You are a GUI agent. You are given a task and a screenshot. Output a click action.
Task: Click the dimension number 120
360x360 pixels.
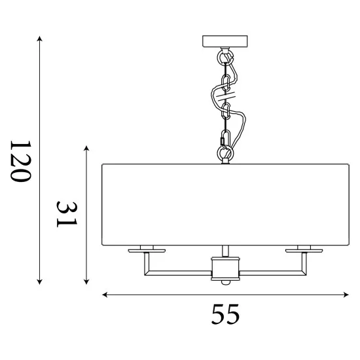(20, 161)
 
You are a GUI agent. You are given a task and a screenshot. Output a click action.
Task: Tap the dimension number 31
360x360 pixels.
(67, 214)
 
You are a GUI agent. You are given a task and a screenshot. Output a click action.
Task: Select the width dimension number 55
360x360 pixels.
(225, 314)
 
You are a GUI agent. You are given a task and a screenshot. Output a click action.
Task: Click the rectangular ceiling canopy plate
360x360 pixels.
(225, 41)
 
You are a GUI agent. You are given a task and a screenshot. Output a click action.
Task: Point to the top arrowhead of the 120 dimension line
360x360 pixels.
(40, 39)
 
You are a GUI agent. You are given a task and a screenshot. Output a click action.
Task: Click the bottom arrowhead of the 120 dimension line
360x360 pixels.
(40, 282)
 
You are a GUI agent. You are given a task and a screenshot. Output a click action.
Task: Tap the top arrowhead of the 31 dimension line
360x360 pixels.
(86, 148)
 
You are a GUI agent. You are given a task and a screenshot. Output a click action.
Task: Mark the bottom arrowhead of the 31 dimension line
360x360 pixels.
(86, 282)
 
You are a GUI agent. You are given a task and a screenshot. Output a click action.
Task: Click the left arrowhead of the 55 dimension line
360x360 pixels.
(105, 295)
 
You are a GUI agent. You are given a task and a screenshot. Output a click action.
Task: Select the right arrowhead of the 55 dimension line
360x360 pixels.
(346, 295)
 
